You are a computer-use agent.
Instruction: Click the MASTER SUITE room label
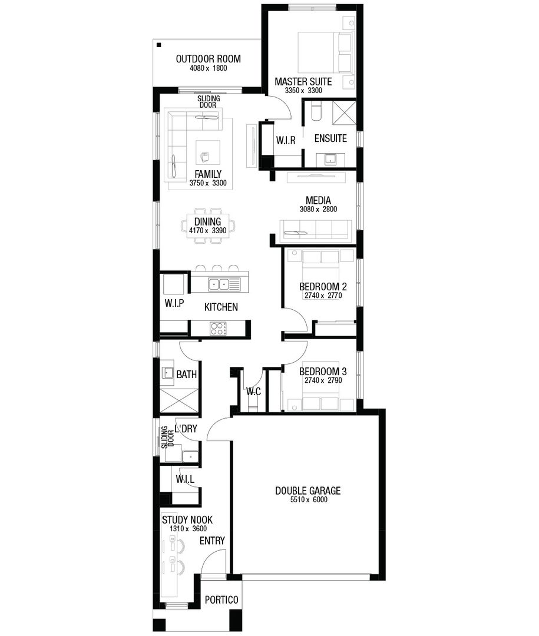[303, 81]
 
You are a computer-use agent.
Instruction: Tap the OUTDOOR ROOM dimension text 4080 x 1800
[208, 68]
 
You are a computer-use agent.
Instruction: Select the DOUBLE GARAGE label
[307, 491]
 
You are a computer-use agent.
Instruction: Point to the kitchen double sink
[224, 284]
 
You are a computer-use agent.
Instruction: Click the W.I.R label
[285, 141]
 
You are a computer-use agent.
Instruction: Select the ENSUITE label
[330, 138]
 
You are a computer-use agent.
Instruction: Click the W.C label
[254, 392]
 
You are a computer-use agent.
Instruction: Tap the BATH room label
[186, 374]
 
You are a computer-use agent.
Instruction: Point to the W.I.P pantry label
[174, 303]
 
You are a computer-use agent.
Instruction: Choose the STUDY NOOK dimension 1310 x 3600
[187, 529]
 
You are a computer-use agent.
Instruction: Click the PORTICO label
[221, 600]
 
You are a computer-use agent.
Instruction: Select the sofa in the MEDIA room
[316, 229]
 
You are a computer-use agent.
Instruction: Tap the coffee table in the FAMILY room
[208, 153]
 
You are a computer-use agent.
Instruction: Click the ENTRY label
[211, 541]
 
